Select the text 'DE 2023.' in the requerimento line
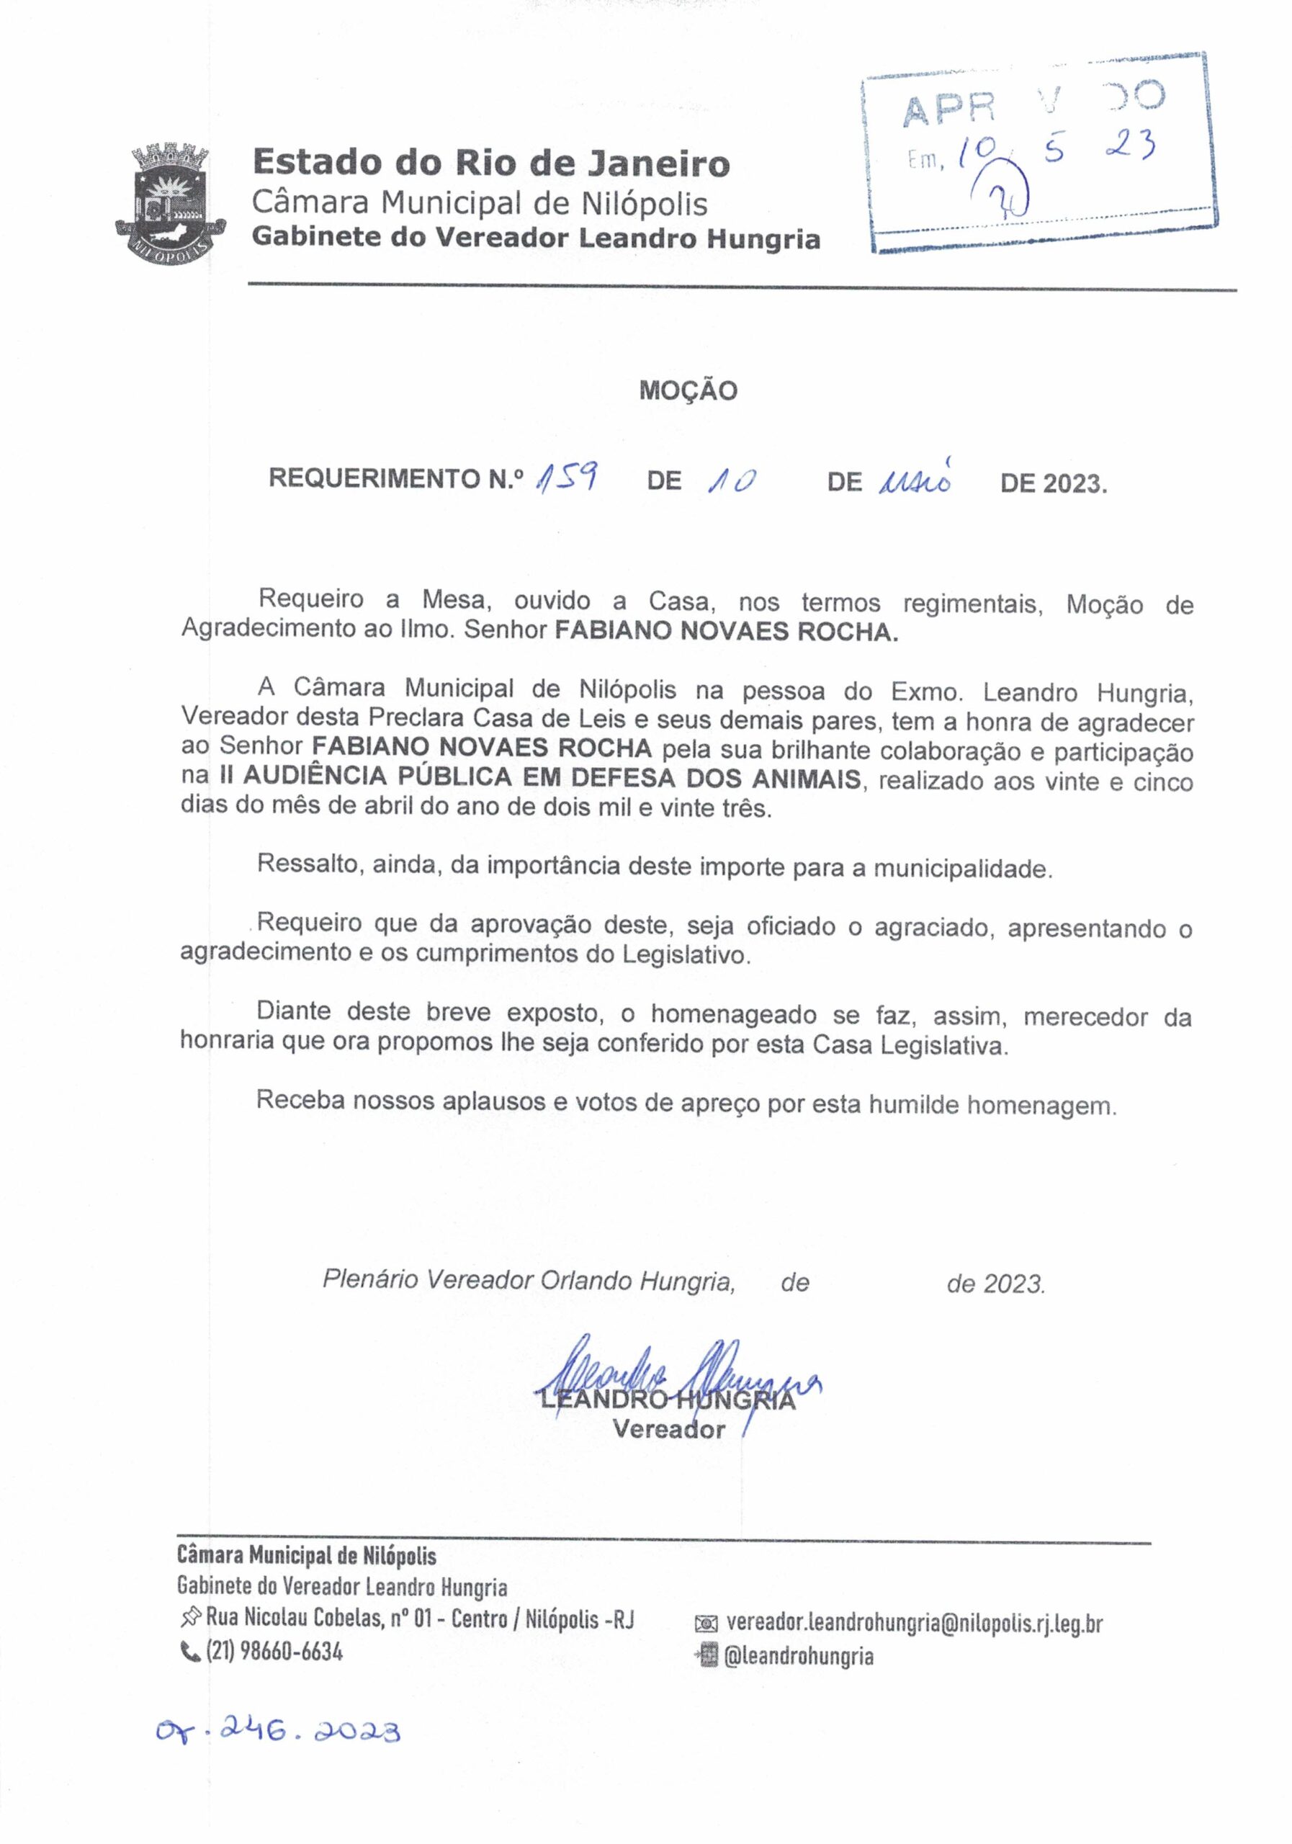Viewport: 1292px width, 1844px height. pyautogui.click(x=1053, y=483)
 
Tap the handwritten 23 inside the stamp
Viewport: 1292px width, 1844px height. pyautogui.click(x=1129, y=146)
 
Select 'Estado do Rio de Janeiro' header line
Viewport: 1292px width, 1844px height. pyautogui.click(x=490, y=162)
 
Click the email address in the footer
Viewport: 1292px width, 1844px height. pyautogui.click(x=914, y=1623)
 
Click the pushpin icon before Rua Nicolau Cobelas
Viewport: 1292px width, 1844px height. pyautogui.click(x=191, y=1616)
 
